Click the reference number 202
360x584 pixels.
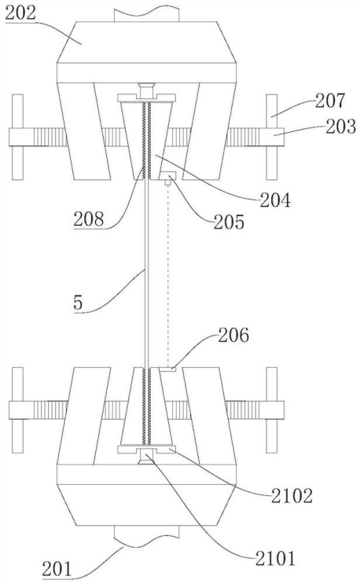coord(20,14)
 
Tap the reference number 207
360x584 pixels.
coord(330,101)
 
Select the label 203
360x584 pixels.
coord(341,127)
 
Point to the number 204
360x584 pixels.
coord(275,200)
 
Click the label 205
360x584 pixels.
coord(229,222)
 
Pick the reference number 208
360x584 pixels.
coord(88,219)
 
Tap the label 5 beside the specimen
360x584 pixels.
coord(78,303)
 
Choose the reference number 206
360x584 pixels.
coord(233,335)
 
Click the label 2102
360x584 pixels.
coord(292,496)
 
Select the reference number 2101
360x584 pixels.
coord(275,559)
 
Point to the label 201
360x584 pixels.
coord(57,570)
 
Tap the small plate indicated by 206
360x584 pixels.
coord(167,369)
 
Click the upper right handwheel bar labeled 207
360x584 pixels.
coord(272,137)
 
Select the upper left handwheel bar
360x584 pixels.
coord(17,137)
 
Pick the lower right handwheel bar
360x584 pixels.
coord(272,410)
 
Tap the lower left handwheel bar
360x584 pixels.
coord(17,410)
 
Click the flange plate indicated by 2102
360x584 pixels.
coord(146,449)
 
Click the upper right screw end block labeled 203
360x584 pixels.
coord(274,137)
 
